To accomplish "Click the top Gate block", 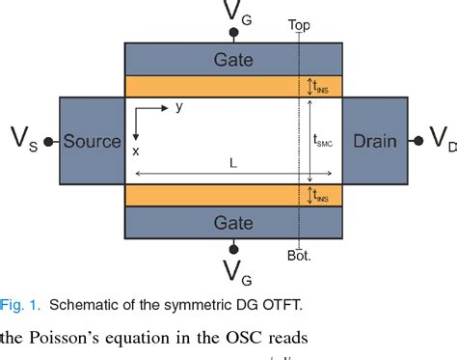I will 234,60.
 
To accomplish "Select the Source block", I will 93,141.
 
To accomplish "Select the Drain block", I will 376,141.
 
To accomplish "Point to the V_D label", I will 441,141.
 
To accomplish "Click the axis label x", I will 135,152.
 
